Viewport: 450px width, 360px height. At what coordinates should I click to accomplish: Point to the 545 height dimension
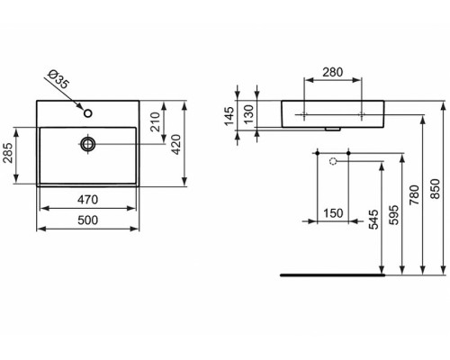pyautogui.click(x=371, y=220)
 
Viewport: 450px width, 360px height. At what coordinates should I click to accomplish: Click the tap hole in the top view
pyautogui.click(x=87, y=113)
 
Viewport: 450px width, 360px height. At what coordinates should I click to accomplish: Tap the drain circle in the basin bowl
pyautogui.click(x=87, y=143)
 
